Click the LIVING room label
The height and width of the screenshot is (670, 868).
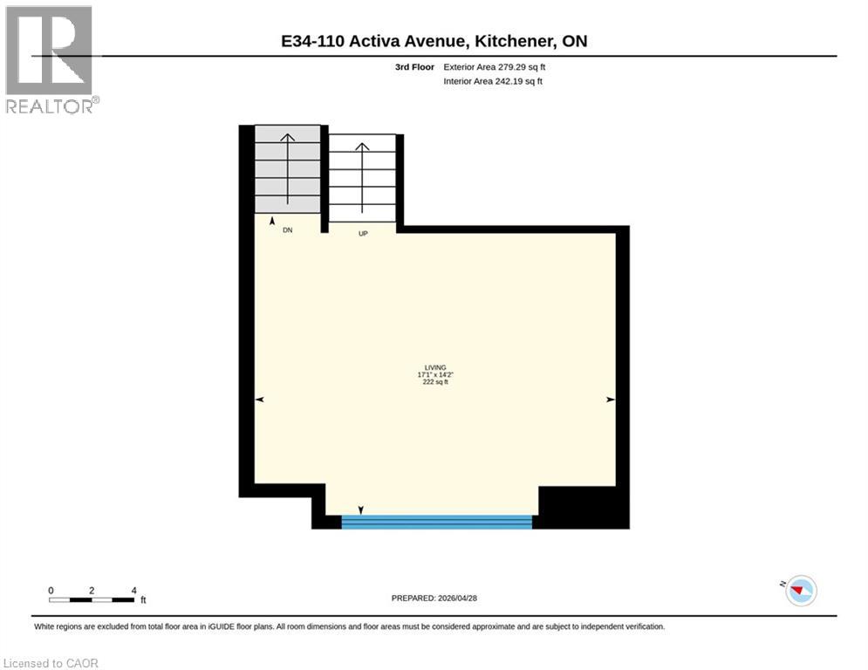[x=434, y=367]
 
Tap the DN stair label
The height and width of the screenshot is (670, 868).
[x=287, y=231]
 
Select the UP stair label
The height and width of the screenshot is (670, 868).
[x=363, y=233]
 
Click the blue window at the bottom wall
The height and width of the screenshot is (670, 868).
[x=436, y=522]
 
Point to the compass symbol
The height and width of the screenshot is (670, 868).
[x=800, y=591]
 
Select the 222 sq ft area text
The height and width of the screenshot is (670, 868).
[x=434, y=382]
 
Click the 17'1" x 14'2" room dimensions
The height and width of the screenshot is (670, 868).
[x=434, y=375]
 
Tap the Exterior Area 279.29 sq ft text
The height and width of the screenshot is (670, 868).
[x=496, y=67]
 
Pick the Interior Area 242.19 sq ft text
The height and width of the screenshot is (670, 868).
[x=494, y=81]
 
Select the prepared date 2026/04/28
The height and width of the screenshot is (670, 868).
[x=435, y=598]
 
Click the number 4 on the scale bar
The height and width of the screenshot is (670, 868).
[x=133, y=591]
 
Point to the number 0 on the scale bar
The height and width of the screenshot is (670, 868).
[x=51, y=591]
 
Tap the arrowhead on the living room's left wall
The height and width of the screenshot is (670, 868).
[x=259, y=400]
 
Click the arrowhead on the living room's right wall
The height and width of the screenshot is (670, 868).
[x=611, y=400]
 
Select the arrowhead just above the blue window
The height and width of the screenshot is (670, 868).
[x=361, y=510]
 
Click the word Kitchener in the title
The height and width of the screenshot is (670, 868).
[x=522, y=41]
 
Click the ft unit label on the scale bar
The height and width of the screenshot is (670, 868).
[x=143, y=600]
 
